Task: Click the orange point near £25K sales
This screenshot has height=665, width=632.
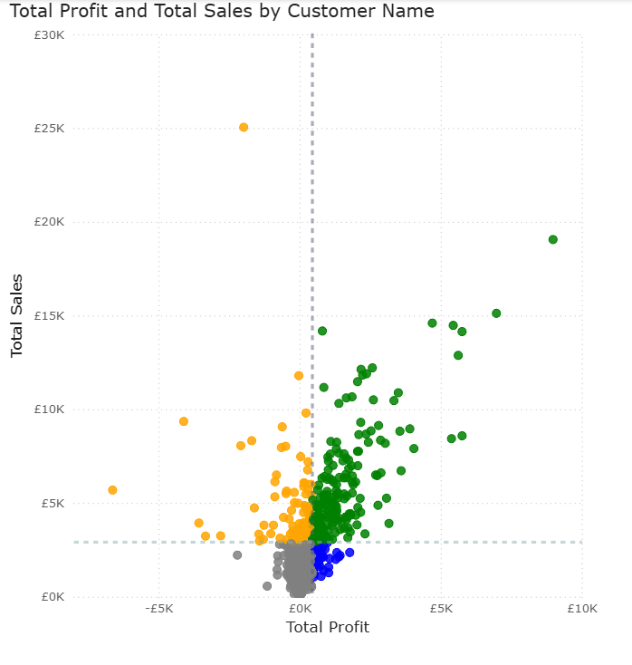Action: point(244,128)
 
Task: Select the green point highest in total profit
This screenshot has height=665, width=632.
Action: point(552,239)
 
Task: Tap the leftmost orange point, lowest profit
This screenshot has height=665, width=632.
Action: point(112,490)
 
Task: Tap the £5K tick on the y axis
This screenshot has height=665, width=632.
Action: point(52,504)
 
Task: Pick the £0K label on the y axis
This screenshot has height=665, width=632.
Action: point(52,597)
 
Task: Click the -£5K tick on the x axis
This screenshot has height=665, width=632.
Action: point(158,609)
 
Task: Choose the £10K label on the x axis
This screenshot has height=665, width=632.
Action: point(581,609)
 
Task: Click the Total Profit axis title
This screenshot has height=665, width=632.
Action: point(327,627)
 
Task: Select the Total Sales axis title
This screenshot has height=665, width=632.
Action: point(17,315)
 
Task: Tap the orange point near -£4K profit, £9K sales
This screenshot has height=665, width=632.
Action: point(184,421)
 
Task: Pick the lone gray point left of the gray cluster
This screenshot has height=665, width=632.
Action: point(237,554)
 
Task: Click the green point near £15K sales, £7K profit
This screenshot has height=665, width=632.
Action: point(496,313)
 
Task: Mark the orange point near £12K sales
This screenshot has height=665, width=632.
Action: point(299,375)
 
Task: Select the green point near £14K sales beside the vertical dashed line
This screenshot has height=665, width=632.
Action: point(322,331)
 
